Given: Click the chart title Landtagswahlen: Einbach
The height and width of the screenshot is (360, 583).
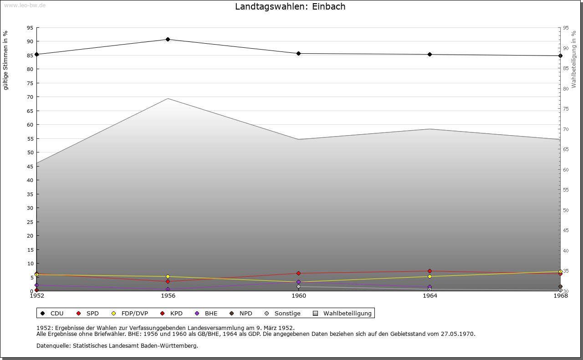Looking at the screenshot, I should pos(290,7).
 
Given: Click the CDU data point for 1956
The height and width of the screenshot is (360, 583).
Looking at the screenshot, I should pos(168,40).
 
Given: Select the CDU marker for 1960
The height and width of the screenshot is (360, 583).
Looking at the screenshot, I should pos(299,54).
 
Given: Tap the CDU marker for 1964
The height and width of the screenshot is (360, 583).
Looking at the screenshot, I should pos(430,55).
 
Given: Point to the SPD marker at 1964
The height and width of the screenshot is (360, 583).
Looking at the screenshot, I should pos(430,271).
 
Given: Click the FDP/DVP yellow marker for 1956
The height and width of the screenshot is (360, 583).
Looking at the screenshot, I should pos(168,277).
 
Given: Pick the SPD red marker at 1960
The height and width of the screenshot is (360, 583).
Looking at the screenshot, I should pos(299,274).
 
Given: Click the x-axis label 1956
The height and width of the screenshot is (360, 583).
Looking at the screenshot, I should pos(168,296).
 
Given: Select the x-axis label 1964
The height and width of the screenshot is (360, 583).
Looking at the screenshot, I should pos(430,296).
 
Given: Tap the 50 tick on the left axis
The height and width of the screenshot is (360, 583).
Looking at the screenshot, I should pos(30,152).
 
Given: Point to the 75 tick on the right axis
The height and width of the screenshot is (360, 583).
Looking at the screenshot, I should pos(566,109).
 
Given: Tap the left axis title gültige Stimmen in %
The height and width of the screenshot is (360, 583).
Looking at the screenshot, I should pos(6,60).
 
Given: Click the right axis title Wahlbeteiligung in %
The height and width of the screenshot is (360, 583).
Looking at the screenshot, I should pos(574,59).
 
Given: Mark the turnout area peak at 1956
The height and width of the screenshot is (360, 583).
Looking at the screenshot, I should pos(168,99).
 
